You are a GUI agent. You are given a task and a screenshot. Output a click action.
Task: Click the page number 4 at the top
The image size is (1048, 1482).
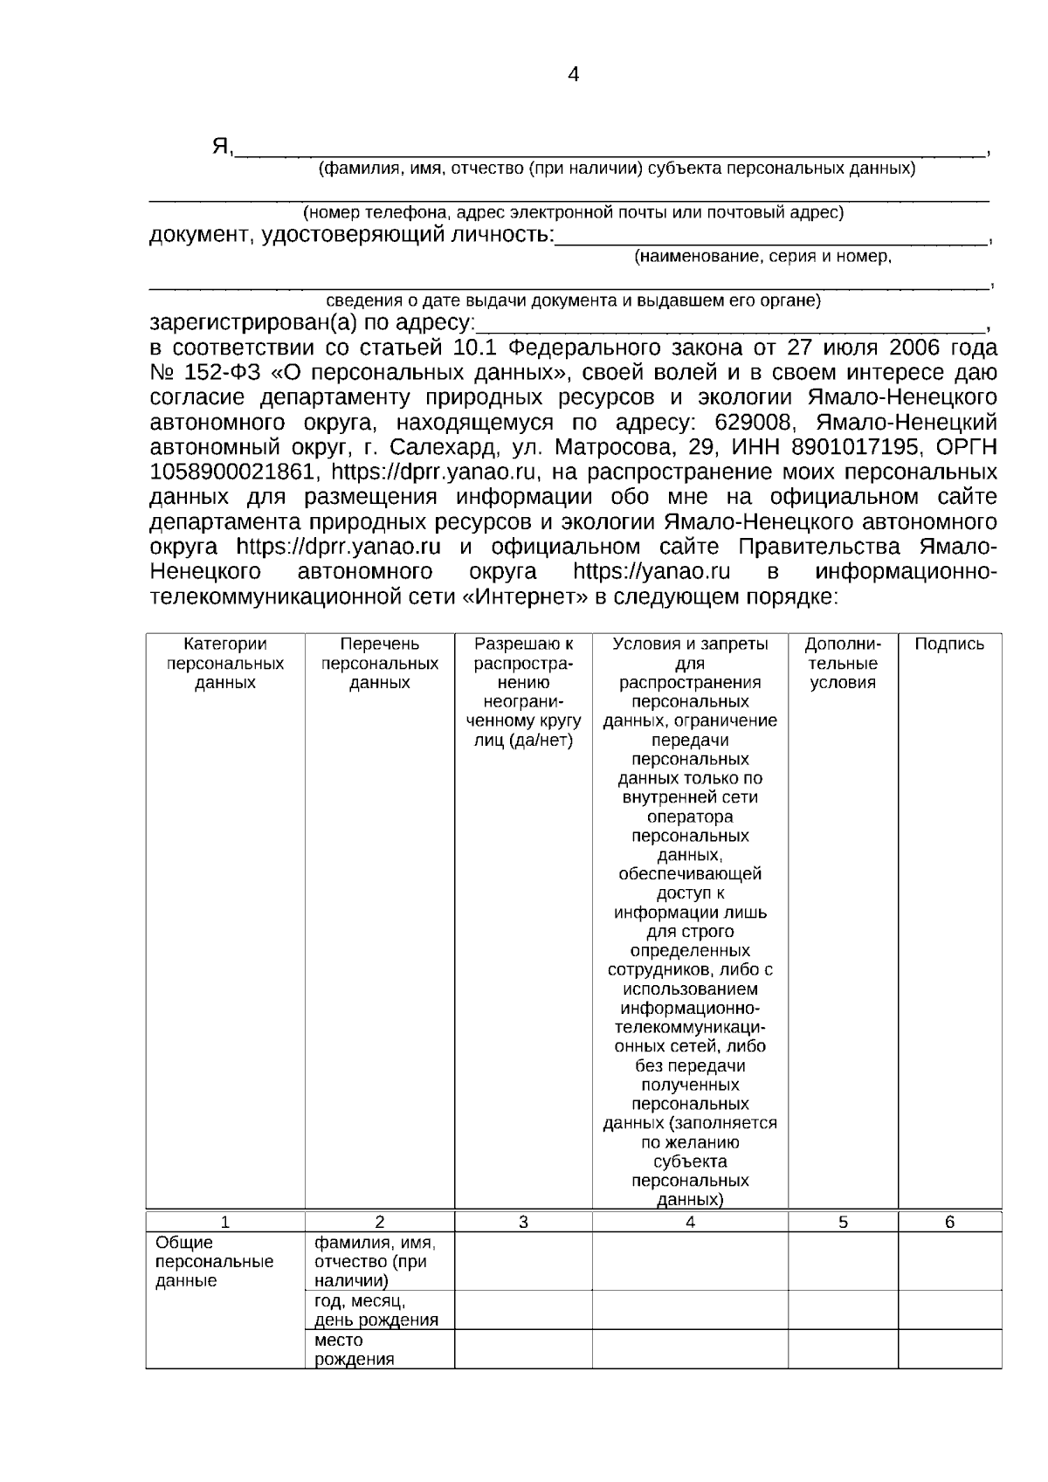coord(573,75)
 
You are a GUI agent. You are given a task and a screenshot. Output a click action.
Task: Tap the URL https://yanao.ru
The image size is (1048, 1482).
coord(652,572)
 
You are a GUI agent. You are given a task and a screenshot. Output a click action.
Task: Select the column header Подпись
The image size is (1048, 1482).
coord(949,644)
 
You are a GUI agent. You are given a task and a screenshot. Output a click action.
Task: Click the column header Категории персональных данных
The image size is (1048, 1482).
coord(225,663)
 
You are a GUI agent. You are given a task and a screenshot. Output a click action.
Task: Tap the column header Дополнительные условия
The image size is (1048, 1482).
coord(843,663)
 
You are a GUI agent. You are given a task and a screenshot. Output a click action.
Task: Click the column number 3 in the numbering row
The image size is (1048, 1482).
coord(523,1223)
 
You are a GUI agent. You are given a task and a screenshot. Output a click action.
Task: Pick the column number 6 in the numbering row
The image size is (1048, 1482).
coord(949,1223)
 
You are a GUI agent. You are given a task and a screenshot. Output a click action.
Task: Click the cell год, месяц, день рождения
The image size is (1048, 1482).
coord(376,1310)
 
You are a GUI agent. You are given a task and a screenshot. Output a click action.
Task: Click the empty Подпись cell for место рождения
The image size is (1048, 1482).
coord(949,1349)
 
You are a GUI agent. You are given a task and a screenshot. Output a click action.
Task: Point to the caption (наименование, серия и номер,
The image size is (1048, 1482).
coord(762,257)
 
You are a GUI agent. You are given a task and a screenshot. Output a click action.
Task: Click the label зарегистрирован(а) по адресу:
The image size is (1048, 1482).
coord(312,322)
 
